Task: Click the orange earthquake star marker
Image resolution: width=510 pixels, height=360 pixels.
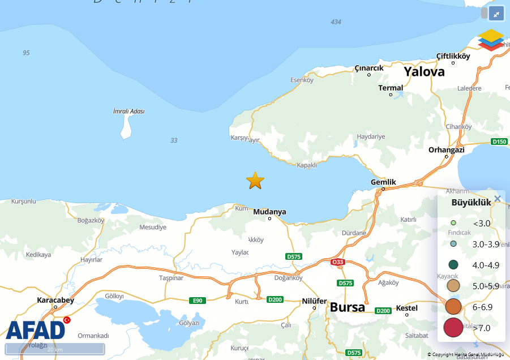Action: click(x=255, y=181)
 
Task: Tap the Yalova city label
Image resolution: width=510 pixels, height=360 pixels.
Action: click(x=424, y=72)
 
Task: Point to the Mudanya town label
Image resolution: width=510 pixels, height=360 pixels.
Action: click(x=269, y=212)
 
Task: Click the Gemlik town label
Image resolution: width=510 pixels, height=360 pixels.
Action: click(x=383, y=182)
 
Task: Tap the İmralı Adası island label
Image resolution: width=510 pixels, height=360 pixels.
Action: click(x=128, y=111)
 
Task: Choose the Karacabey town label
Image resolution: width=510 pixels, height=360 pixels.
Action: click(x=55, y=299)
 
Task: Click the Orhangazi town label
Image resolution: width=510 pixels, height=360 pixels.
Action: click(x=446, y=149)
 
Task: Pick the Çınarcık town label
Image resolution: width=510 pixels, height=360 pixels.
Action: click(x=369, y=68)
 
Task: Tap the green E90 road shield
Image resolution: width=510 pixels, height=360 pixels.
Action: click(x=197, y=300)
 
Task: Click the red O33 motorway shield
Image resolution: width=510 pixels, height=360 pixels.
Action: click(x=337, y=262)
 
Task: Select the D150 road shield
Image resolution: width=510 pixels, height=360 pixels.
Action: click(x=499, y=142)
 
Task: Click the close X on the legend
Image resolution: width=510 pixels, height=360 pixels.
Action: click(x=498, y=199)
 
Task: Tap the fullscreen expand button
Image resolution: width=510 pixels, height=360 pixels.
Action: click(x=496, y=14)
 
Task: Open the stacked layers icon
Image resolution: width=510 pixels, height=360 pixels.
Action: click(x=490, y=40)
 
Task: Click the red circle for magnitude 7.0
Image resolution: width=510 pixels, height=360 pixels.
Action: click(x=453, y=328)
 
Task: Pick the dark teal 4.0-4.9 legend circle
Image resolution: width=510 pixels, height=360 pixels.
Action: click(x=453, y=264)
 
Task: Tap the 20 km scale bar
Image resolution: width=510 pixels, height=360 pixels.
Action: click(x=55, y=349)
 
